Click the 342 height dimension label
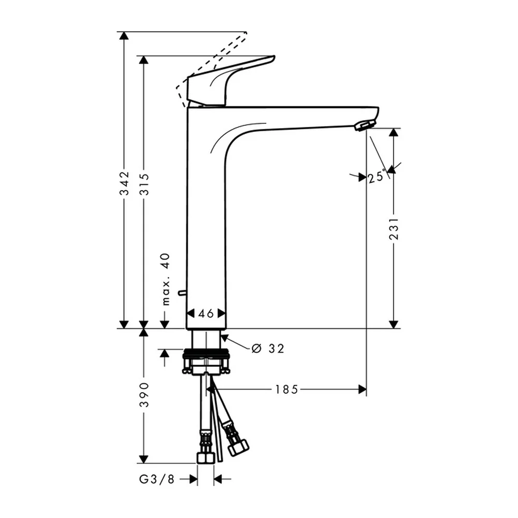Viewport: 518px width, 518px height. pyautogui.click(x=124, y=183)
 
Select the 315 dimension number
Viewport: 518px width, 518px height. pyautogui.click(x=144, y=184)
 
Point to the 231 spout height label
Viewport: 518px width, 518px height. pyautogui.click(x=394, y=228)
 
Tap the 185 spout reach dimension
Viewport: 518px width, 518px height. pyautogui.click(x=286, y=390)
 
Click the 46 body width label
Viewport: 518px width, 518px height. pyautogui.click(x=206, y=313)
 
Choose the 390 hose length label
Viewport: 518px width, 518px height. pyautogui.click(x=144, y=394)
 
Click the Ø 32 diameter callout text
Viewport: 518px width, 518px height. pyautogui.click(x=268, y=348)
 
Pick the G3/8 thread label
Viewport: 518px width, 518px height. pyautogui.click(x=156, y=479)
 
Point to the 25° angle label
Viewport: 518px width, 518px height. pyautogui.click(x=377, y=177)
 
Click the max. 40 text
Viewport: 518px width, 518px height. pyautogui.click(x=166, y=279)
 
